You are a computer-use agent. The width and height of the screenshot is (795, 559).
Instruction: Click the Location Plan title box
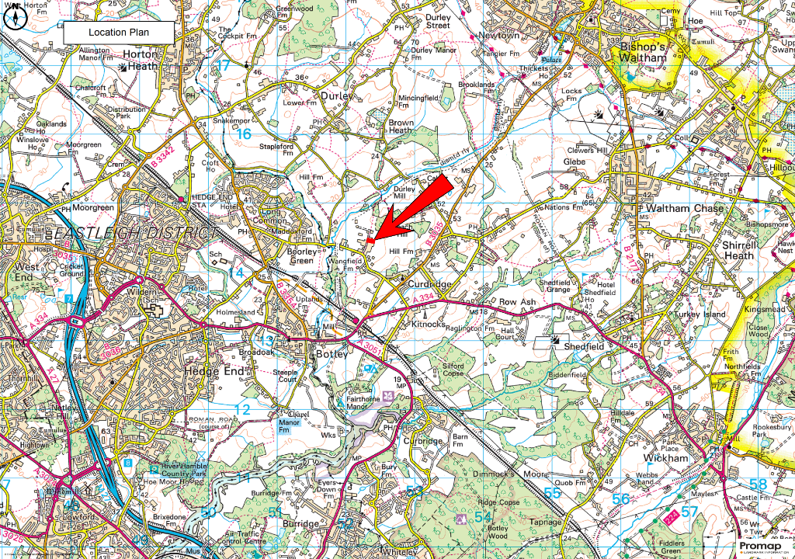[x=117, y=32]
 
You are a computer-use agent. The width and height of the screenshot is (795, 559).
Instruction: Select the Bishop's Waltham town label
[x=642, y=52]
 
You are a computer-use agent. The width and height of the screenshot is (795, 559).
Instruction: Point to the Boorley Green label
[x=302, y=256]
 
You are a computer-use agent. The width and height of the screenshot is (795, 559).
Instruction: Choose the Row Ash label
[x=517, y=302]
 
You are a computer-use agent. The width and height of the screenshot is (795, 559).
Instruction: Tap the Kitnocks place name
[x=429, y=325]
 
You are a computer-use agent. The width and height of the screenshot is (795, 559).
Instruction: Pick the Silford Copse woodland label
[x=453, y=370]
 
